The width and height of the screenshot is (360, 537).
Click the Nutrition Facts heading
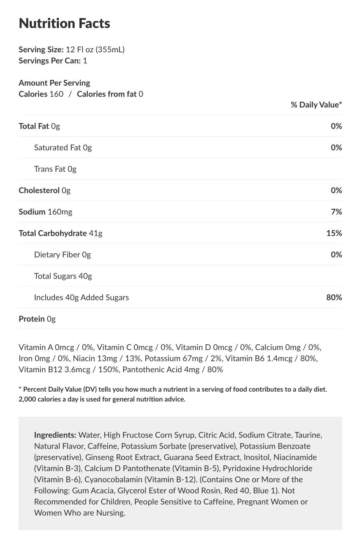(x=64, y=23)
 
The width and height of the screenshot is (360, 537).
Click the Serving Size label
(x=41, y=49)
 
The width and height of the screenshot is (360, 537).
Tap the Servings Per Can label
(x=49, y=61)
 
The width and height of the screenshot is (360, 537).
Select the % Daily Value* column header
(x=316, y=105)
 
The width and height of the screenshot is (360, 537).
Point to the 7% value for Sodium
(x=336, y=212)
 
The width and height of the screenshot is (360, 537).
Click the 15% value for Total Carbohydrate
(x=334, y=233)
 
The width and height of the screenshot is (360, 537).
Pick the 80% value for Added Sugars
(x=334, y=297)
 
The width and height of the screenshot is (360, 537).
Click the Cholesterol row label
(x=39, y=190)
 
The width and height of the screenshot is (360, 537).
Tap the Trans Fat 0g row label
(x=55, y=169)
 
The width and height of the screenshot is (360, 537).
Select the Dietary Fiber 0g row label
(x=62, y=254)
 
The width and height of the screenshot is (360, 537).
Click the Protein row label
(x=32, y=319)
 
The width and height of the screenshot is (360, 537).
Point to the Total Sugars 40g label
(x=63, y=276)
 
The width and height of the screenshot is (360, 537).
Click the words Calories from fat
(x=107, y=94)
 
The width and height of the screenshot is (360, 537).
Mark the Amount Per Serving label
(x=54, y=83)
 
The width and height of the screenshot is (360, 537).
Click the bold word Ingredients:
(x=55, y=435)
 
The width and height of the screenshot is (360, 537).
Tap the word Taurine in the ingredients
(x=309, y=435)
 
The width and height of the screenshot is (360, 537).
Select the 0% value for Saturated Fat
(x=336, y=147)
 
